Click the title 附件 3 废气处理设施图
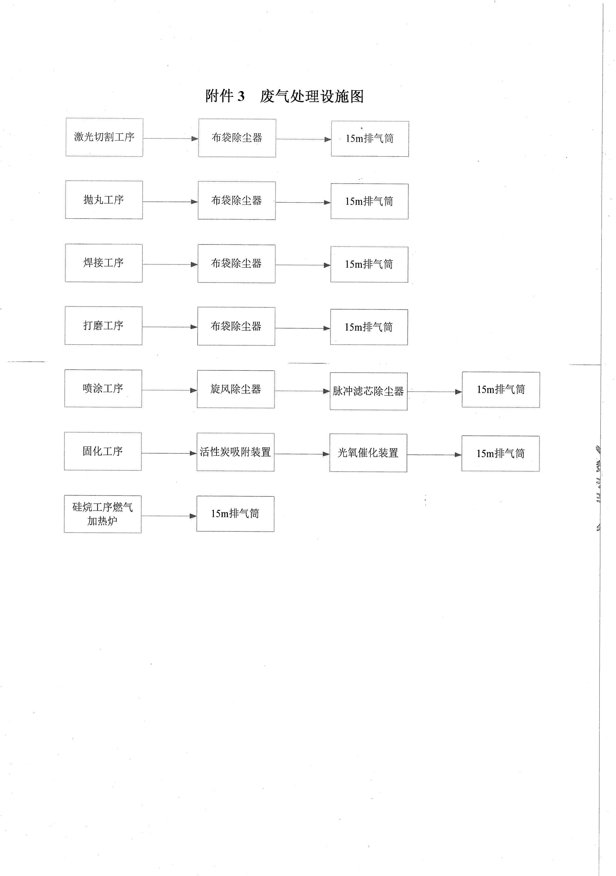pyautogui.click(x=284, y=96)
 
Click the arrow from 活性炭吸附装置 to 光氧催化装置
pyautogui.click(x=302, y=454)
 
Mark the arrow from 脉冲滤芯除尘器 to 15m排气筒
pyautogui.click(x=435, y=392)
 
